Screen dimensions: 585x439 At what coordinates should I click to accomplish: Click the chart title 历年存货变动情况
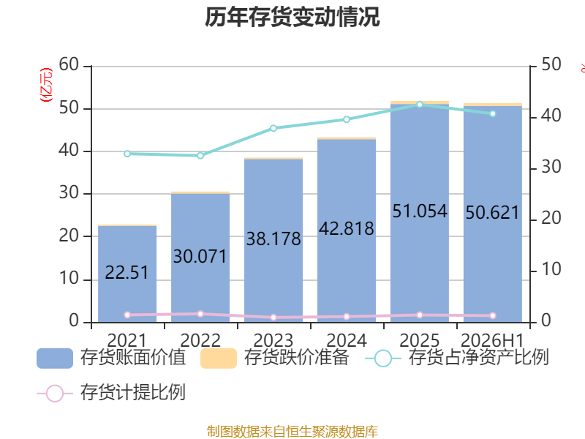292,17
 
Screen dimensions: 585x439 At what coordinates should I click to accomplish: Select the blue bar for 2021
127,274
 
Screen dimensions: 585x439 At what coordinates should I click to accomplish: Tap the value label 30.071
200,257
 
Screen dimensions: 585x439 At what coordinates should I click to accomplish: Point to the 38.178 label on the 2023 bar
273,239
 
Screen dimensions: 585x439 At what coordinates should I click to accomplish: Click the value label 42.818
346,228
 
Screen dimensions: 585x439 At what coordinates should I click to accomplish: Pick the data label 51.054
420,211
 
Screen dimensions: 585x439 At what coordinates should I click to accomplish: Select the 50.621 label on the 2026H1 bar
492,213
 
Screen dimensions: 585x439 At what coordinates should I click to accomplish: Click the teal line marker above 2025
420,105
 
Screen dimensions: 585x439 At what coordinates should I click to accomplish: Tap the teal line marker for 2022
200,155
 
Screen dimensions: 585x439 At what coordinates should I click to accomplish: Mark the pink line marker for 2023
273,318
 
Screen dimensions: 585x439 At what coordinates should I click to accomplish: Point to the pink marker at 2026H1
493,315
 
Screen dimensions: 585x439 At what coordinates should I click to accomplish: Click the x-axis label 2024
347,340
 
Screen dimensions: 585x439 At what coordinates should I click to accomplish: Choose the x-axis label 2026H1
492,340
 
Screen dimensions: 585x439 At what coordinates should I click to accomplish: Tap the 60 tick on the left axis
69,64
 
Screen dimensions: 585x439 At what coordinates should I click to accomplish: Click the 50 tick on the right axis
551,64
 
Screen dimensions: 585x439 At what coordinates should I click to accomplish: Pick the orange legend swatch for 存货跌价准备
219,359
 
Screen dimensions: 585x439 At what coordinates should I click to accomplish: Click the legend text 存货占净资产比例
479,357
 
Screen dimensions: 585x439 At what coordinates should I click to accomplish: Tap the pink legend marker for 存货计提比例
55,394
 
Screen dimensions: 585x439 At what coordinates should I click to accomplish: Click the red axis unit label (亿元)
46,85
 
